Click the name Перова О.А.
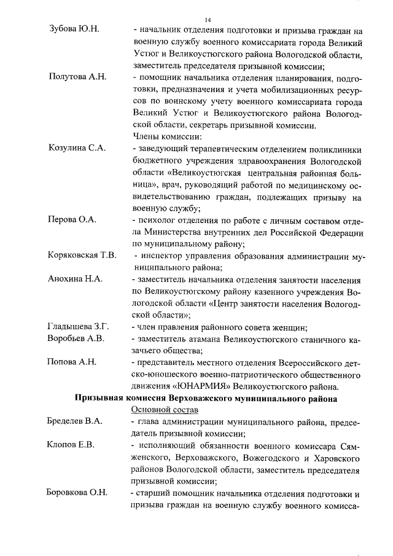point(72,219)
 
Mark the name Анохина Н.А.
point(74,278)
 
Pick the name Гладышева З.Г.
point(79,326)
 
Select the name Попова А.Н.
point(72,361)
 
